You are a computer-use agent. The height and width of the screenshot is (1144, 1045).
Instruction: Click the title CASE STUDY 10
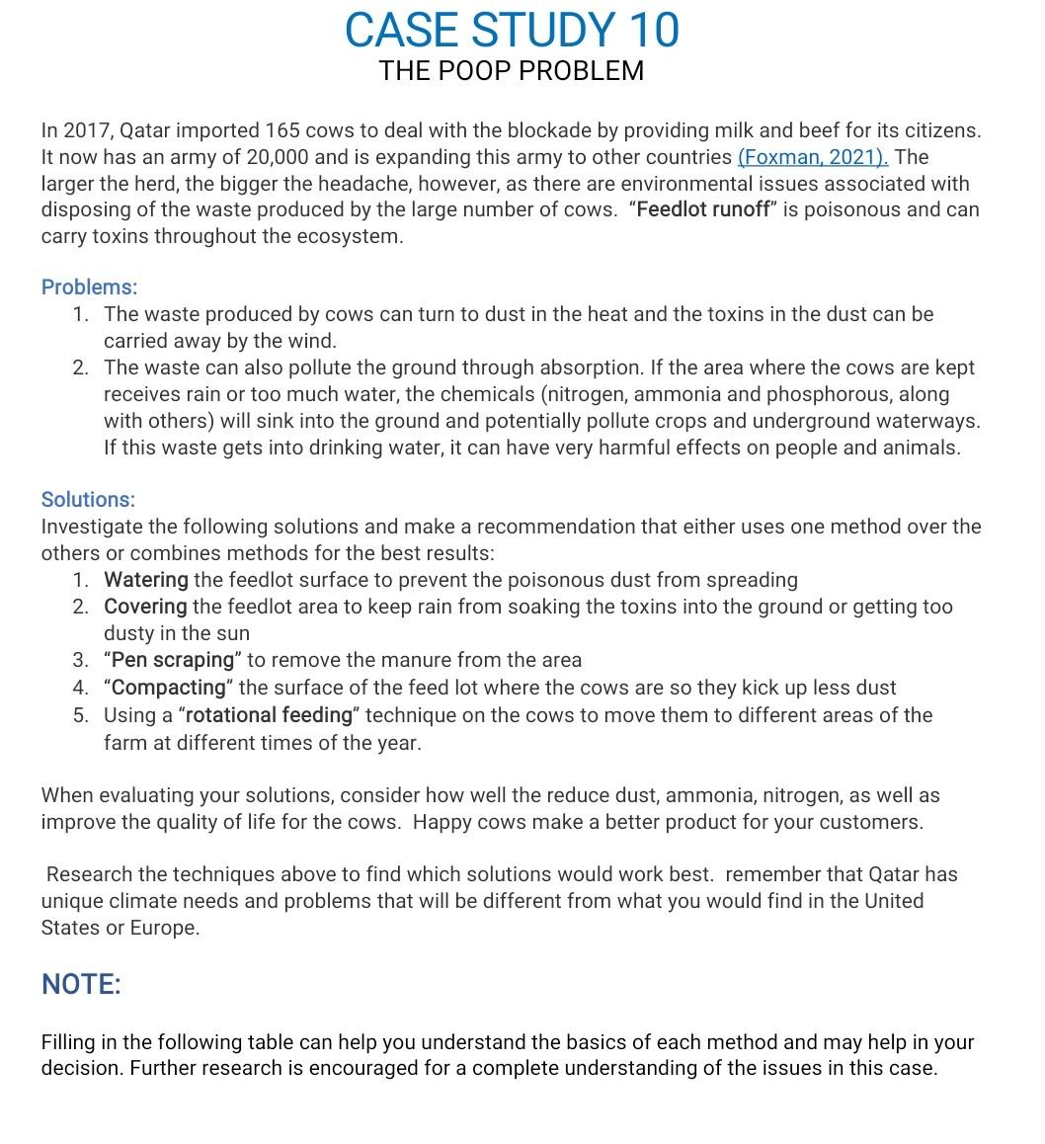(512, 30)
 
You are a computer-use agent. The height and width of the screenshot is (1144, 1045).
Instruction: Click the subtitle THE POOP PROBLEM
(512, 71)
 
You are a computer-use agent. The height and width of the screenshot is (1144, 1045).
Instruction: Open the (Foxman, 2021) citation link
(813, 157)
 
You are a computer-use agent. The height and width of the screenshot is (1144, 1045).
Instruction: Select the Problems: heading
(89, 287)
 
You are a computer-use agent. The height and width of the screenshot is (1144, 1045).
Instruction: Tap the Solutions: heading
(88, 500)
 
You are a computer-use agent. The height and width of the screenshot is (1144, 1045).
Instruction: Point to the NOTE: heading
(81, 984)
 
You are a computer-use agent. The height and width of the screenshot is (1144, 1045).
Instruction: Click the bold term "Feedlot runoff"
(703, 210)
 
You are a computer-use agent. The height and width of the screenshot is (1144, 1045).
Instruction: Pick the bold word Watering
(145, 580)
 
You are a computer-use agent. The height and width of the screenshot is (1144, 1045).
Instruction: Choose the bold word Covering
(145, 607)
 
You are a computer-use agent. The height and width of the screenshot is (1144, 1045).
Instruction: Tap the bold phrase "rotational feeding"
(269, 715)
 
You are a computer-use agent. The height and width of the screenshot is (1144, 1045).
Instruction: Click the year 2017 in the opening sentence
(85, 130)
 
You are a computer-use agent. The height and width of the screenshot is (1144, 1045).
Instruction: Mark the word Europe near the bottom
(165, 929)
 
